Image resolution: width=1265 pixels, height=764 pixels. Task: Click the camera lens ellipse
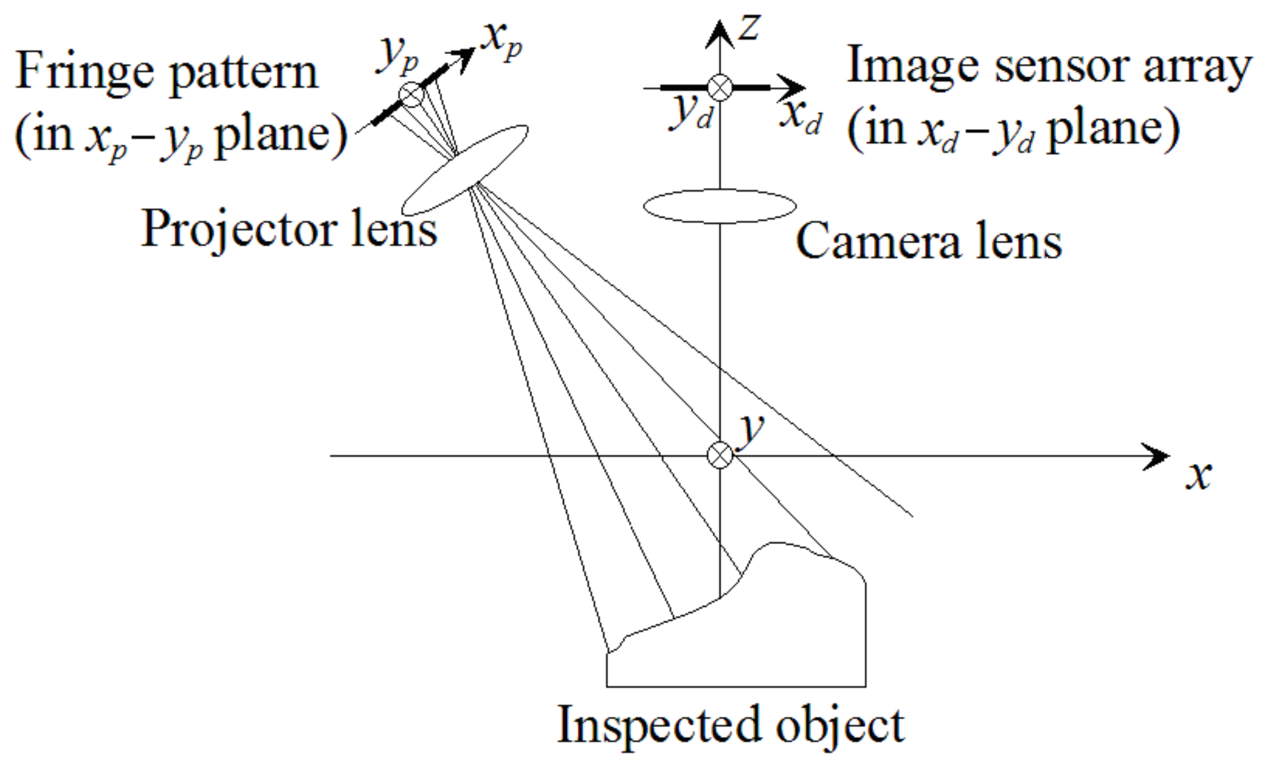tap(720, 206)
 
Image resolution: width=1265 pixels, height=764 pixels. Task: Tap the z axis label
tap(749, 28)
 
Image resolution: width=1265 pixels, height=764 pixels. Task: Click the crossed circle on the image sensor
tap(720, 88)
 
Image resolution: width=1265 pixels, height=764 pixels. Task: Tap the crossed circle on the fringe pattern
tap(411, 94)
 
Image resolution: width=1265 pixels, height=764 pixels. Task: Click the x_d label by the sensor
tap(801, 116)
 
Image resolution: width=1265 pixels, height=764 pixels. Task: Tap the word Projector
tap(239, 229)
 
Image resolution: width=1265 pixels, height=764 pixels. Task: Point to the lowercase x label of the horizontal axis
tap(1198, 475)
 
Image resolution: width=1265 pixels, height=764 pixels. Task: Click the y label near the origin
tap(752, 427)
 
